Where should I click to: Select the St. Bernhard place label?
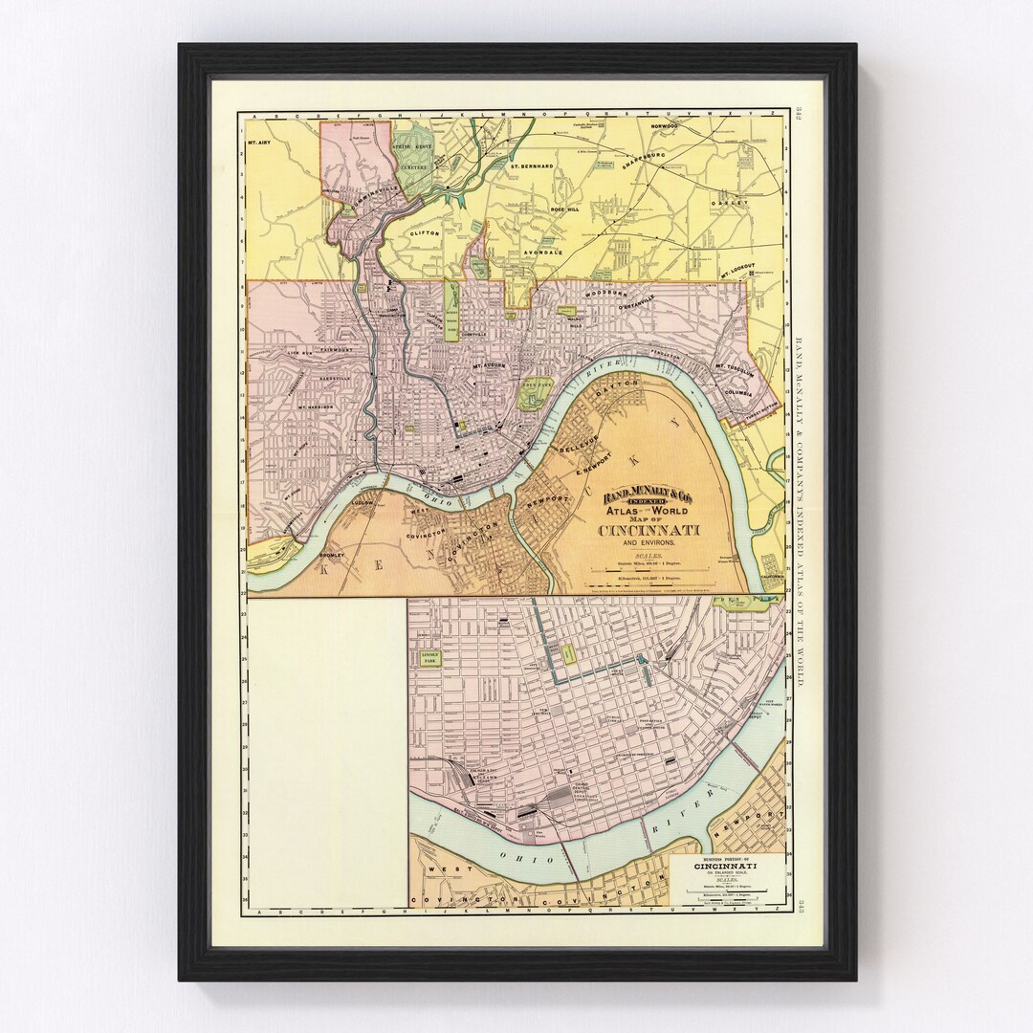tap(531, 165)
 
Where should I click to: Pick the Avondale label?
tap(542, 253)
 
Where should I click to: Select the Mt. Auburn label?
tap(490, 365)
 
